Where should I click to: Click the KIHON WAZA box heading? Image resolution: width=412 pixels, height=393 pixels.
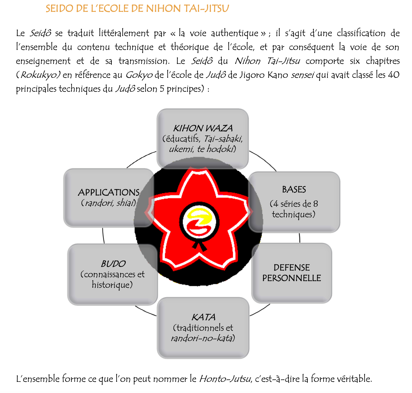tap(203, 128)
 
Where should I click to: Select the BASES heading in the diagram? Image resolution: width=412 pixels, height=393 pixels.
tap(294, 189)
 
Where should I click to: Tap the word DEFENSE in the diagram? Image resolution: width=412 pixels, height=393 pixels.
tap(291, 267)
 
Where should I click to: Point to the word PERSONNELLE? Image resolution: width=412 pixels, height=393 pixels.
tap(291, 278)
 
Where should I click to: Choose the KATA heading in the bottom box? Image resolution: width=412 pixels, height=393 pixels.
tap(203, 317)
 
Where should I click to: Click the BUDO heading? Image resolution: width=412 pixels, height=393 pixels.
tap(113, 264)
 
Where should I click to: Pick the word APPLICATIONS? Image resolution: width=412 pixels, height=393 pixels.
tap(109, 192)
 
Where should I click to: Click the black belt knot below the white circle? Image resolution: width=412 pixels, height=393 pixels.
tap(199, 246)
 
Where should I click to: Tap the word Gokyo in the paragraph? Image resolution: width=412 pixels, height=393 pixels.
tap(139, 75)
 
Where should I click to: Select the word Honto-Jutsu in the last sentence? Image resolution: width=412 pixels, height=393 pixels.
tap(225, 378)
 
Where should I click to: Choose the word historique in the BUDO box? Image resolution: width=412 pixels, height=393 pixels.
tap(111, 285)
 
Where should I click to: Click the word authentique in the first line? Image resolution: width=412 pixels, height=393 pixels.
tap(234, 33)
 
